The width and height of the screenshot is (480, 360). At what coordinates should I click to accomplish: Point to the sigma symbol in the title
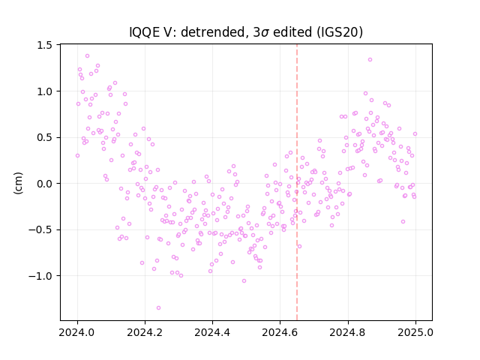tap(265, 33)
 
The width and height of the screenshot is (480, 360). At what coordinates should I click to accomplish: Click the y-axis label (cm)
tap(18, 183)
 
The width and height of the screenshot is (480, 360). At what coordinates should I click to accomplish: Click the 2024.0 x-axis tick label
tap(77, 332)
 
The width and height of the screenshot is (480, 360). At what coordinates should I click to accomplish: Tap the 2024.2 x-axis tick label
tap(145, 332)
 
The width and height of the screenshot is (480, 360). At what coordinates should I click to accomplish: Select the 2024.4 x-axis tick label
tap(212, 332)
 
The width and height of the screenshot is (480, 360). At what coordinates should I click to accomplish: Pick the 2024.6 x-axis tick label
tap(280, 332)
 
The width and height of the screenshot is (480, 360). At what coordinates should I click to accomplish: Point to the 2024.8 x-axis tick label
tap(348, 332)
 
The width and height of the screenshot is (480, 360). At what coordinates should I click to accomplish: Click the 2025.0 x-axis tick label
tap(415, 332)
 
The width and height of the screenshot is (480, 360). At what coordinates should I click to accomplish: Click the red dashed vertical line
tap(297, 182)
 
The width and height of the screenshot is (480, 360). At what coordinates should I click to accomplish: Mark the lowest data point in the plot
tap(158, 308)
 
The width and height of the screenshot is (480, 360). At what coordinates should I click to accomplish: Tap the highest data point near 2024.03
tap(87, 56)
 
